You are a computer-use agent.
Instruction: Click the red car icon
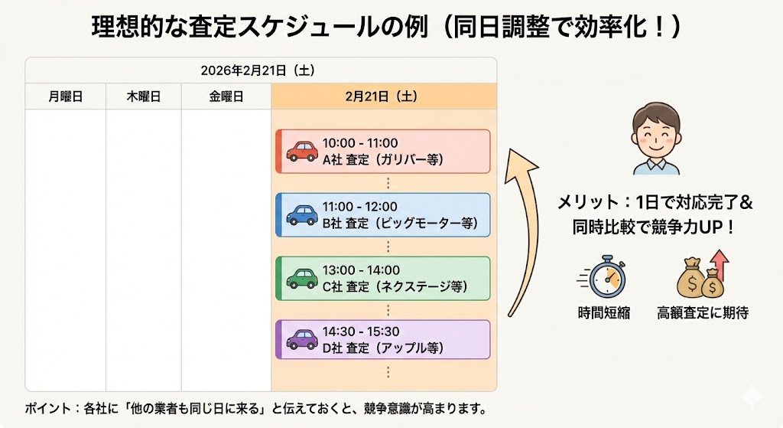click(x=302, y=151)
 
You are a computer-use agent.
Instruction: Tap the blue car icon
click(x=302, y=214)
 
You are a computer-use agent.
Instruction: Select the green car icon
click(x=302, y=278)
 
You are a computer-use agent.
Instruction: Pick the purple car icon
click(x=302, y=338)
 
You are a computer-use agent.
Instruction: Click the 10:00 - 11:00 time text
click(x=360, y=143)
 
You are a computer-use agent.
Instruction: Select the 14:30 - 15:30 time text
click(x=360, y=332)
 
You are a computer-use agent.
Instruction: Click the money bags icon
click(x=702, y=277)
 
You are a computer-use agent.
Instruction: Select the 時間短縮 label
click(x=604, y=313)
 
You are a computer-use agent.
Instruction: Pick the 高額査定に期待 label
click(x=702, y=313)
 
